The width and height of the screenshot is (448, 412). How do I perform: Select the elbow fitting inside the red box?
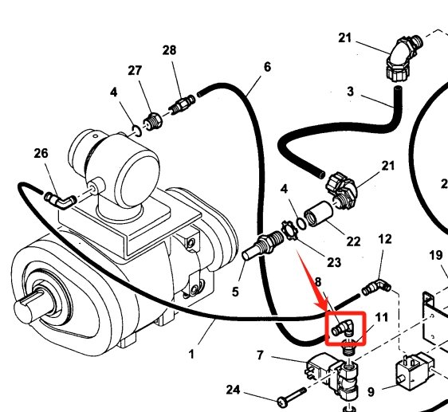[x=343, y=327]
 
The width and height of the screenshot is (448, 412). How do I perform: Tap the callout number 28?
[x=169, y=51]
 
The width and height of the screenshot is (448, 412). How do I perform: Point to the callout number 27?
[x=135, y=70]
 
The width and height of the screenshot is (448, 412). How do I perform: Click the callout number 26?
[x=41, y=153]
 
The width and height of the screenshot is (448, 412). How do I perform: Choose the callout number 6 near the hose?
[x=267, y=66]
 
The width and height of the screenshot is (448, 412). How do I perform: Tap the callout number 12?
[x=385, y=239]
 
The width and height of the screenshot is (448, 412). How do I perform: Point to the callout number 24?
[x=233, y=390]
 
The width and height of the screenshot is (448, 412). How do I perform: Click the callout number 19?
[x=435, y=256]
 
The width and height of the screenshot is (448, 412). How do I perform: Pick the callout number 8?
[x=317, y=281]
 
